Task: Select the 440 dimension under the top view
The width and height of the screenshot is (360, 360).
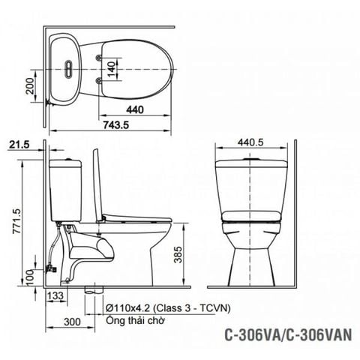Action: click(x=136, y=109)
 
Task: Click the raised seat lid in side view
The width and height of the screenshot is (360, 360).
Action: click(x=95, y=183)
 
